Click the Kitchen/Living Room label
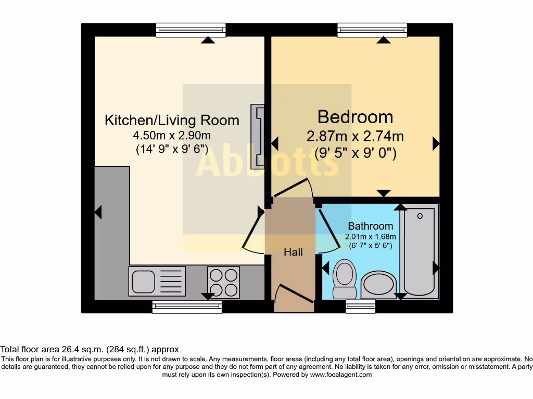(172, 121)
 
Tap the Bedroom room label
(355, 116)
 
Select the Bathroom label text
(370, 226)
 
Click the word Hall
(293, 252)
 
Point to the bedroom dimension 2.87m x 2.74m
(355, 137)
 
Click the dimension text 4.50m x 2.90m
(172, 136)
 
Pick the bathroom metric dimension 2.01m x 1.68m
(369, 236)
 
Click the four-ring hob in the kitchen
(223, 282)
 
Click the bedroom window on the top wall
(372, 30)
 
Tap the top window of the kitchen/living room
(191, 30)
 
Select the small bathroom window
(360, 307)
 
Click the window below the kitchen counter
(187, 307)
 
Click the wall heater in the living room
(257, 137)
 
